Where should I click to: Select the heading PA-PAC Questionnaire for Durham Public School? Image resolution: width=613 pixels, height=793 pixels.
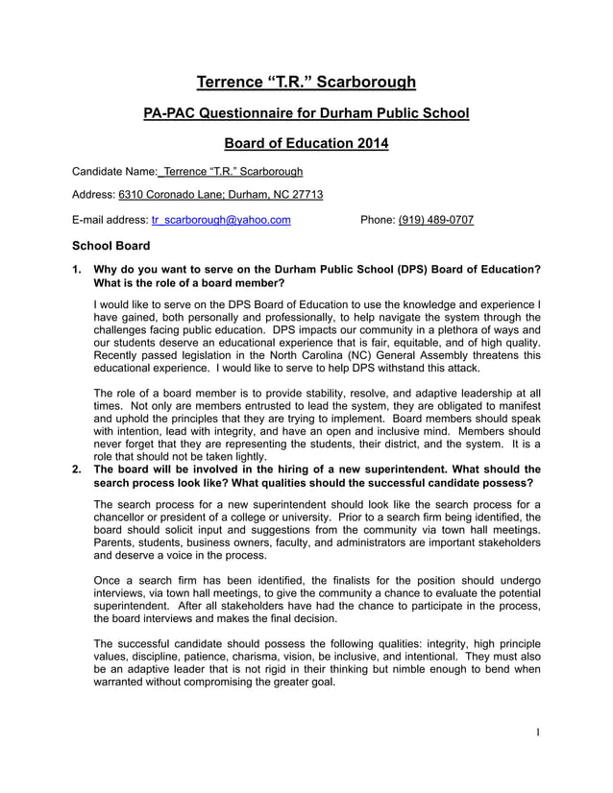pos(306,114)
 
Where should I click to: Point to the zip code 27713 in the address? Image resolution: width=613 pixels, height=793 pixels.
pos(306,195)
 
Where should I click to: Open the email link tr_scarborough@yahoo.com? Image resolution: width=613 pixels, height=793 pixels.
pos(221,220)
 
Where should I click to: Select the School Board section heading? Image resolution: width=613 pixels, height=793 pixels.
pos(111,246)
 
